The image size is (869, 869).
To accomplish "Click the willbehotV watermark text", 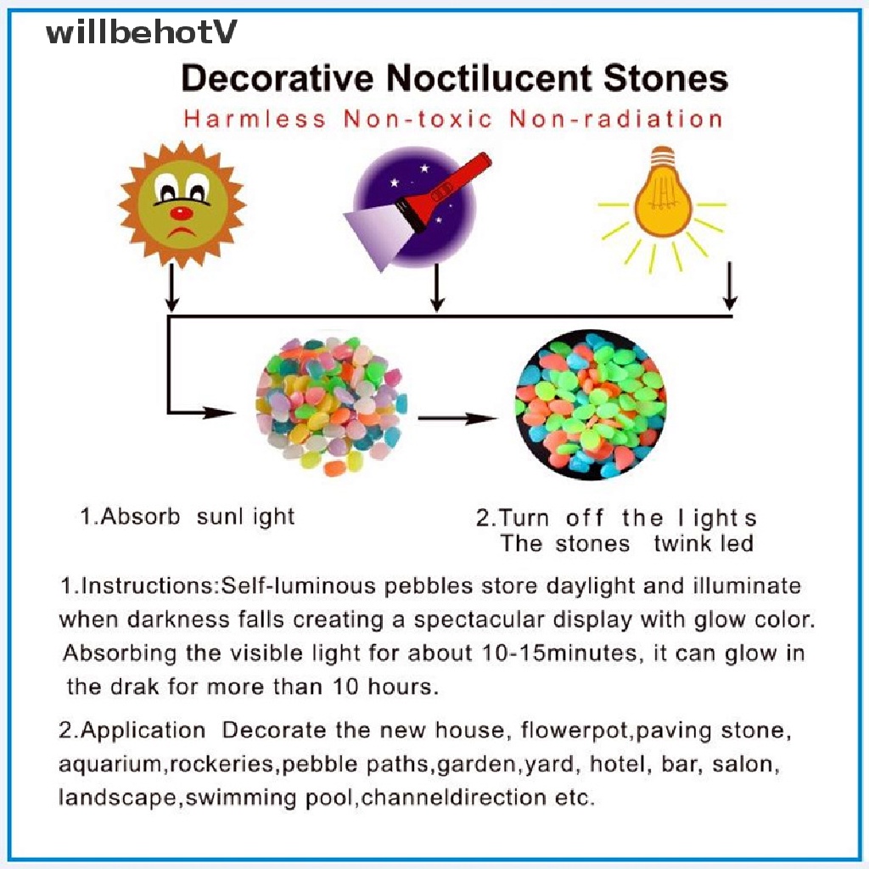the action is pyautogui.click(x=141, y=33).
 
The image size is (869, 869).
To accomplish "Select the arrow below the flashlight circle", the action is pyautogui.click(x=437, y=289).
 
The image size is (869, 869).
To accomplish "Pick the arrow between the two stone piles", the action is pyautogui.click(x=458, y=418).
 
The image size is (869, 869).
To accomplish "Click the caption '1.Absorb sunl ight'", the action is pyautogui.click(x=188, y=516).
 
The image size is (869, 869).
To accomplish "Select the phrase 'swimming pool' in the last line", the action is pyautogui.click(x=273, y=798).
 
